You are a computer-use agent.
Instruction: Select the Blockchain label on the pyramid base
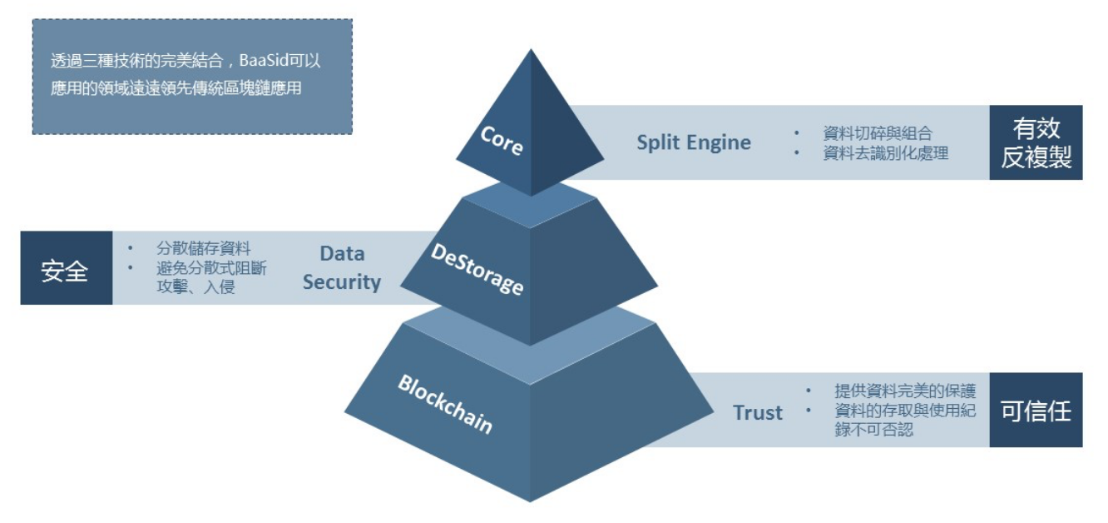click(x=445, y=404)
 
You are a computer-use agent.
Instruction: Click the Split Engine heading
click(x=694, y=142)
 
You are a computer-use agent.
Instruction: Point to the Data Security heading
click(x=342, y=267)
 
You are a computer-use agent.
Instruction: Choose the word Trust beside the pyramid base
click(x=758, y=412)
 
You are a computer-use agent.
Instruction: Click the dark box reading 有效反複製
click(x=1036, y=142)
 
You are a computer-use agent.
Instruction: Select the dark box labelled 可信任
click(x=1036, y=411)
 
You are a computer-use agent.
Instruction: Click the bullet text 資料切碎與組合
click(x=878, y=133)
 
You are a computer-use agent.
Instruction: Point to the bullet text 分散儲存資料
click(x=204, y=248)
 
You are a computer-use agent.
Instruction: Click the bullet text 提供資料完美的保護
click(x=905, y=391)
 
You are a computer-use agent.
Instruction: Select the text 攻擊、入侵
click(x=195, y=289)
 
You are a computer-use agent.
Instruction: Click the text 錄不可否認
click(x=874, y=431)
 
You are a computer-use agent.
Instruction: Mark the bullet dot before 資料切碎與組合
click(x=797, y=133)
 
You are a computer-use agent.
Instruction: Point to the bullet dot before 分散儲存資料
click(x=131, y=248)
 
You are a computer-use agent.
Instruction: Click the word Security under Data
click(x=342, y=281)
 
